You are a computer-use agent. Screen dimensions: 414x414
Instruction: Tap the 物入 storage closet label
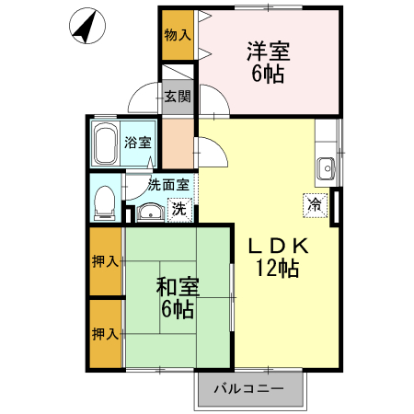[x=178, y=36]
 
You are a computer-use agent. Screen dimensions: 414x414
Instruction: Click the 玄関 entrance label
[x=177, y=97]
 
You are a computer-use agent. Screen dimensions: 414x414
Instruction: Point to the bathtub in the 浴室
[x=106, y=144]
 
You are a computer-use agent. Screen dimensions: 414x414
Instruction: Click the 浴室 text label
[x=140, y=143]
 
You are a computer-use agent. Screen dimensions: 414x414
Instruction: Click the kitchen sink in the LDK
[x=326, y=167]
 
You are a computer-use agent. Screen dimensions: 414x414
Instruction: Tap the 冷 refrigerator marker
[x=314, y=204]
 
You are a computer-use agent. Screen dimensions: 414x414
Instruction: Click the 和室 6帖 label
[x=175, y=296]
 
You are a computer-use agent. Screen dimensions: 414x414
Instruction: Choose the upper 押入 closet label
[x=105, y=261]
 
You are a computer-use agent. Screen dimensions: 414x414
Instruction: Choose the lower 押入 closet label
[x=105, y=333]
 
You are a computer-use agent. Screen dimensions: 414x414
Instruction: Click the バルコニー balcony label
[x=248, y=389]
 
